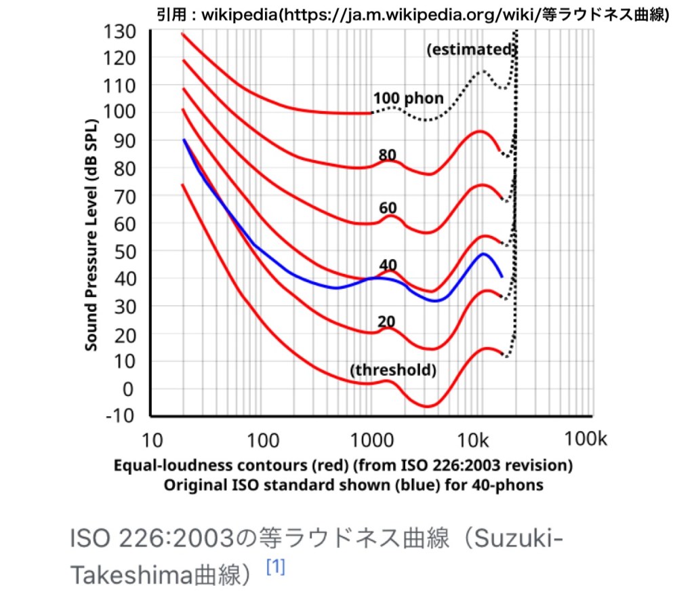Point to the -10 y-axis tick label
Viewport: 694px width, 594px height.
[x=120, y=416]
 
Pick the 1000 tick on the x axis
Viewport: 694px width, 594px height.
[x=370, y=440]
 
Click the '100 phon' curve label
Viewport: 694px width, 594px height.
[x=408, y=98]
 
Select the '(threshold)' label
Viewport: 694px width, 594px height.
[x=393, y=370]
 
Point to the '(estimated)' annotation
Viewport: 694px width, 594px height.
[x=472, y=49]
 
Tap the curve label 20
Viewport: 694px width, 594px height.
[x=387, y=321]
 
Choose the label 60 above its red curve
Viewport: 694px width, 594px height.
[x=388, y=207]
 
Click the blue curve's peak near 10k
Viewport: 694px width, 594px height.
[x=483, y=254]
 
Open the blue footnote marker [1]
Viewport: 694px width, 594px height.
[x=275, y=567]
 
